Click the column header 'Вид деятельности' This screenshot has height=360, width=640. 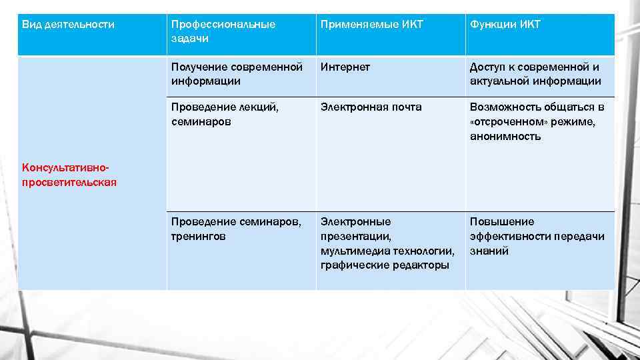[x=68, y=25]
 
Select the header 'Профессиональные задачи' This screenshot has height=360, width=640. [x=223, y=31]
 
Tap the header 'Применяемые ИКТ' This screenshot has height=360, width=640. [x=371, y=25]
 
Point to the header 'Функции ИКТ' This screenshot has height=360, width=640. [x=505, y=25]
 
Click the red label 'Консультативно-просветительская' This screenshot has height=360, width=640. [x=69, y=175]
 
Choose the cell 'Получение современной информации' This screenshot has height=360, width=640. [x=236, y=74]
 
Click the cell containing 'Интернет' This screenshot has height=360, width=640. [x=345, y=67]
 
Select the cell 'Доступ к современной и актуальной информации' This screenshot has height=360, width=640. [x=535, y=74]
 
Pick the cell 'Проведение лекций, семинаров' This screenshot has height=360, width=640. [x=225, y=114]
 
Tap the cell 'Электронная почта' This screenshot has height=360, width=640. [x=371, y=107]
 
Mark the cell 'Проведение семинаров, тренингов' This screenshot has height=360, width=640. [x=236, y=229]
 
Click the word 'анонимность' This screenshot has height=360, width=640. [x=505, y=137]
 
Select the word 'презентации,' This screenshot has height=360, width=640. [x=355, y=236]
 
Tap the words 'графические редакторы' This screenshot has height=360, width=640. [x=384, y=265]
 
